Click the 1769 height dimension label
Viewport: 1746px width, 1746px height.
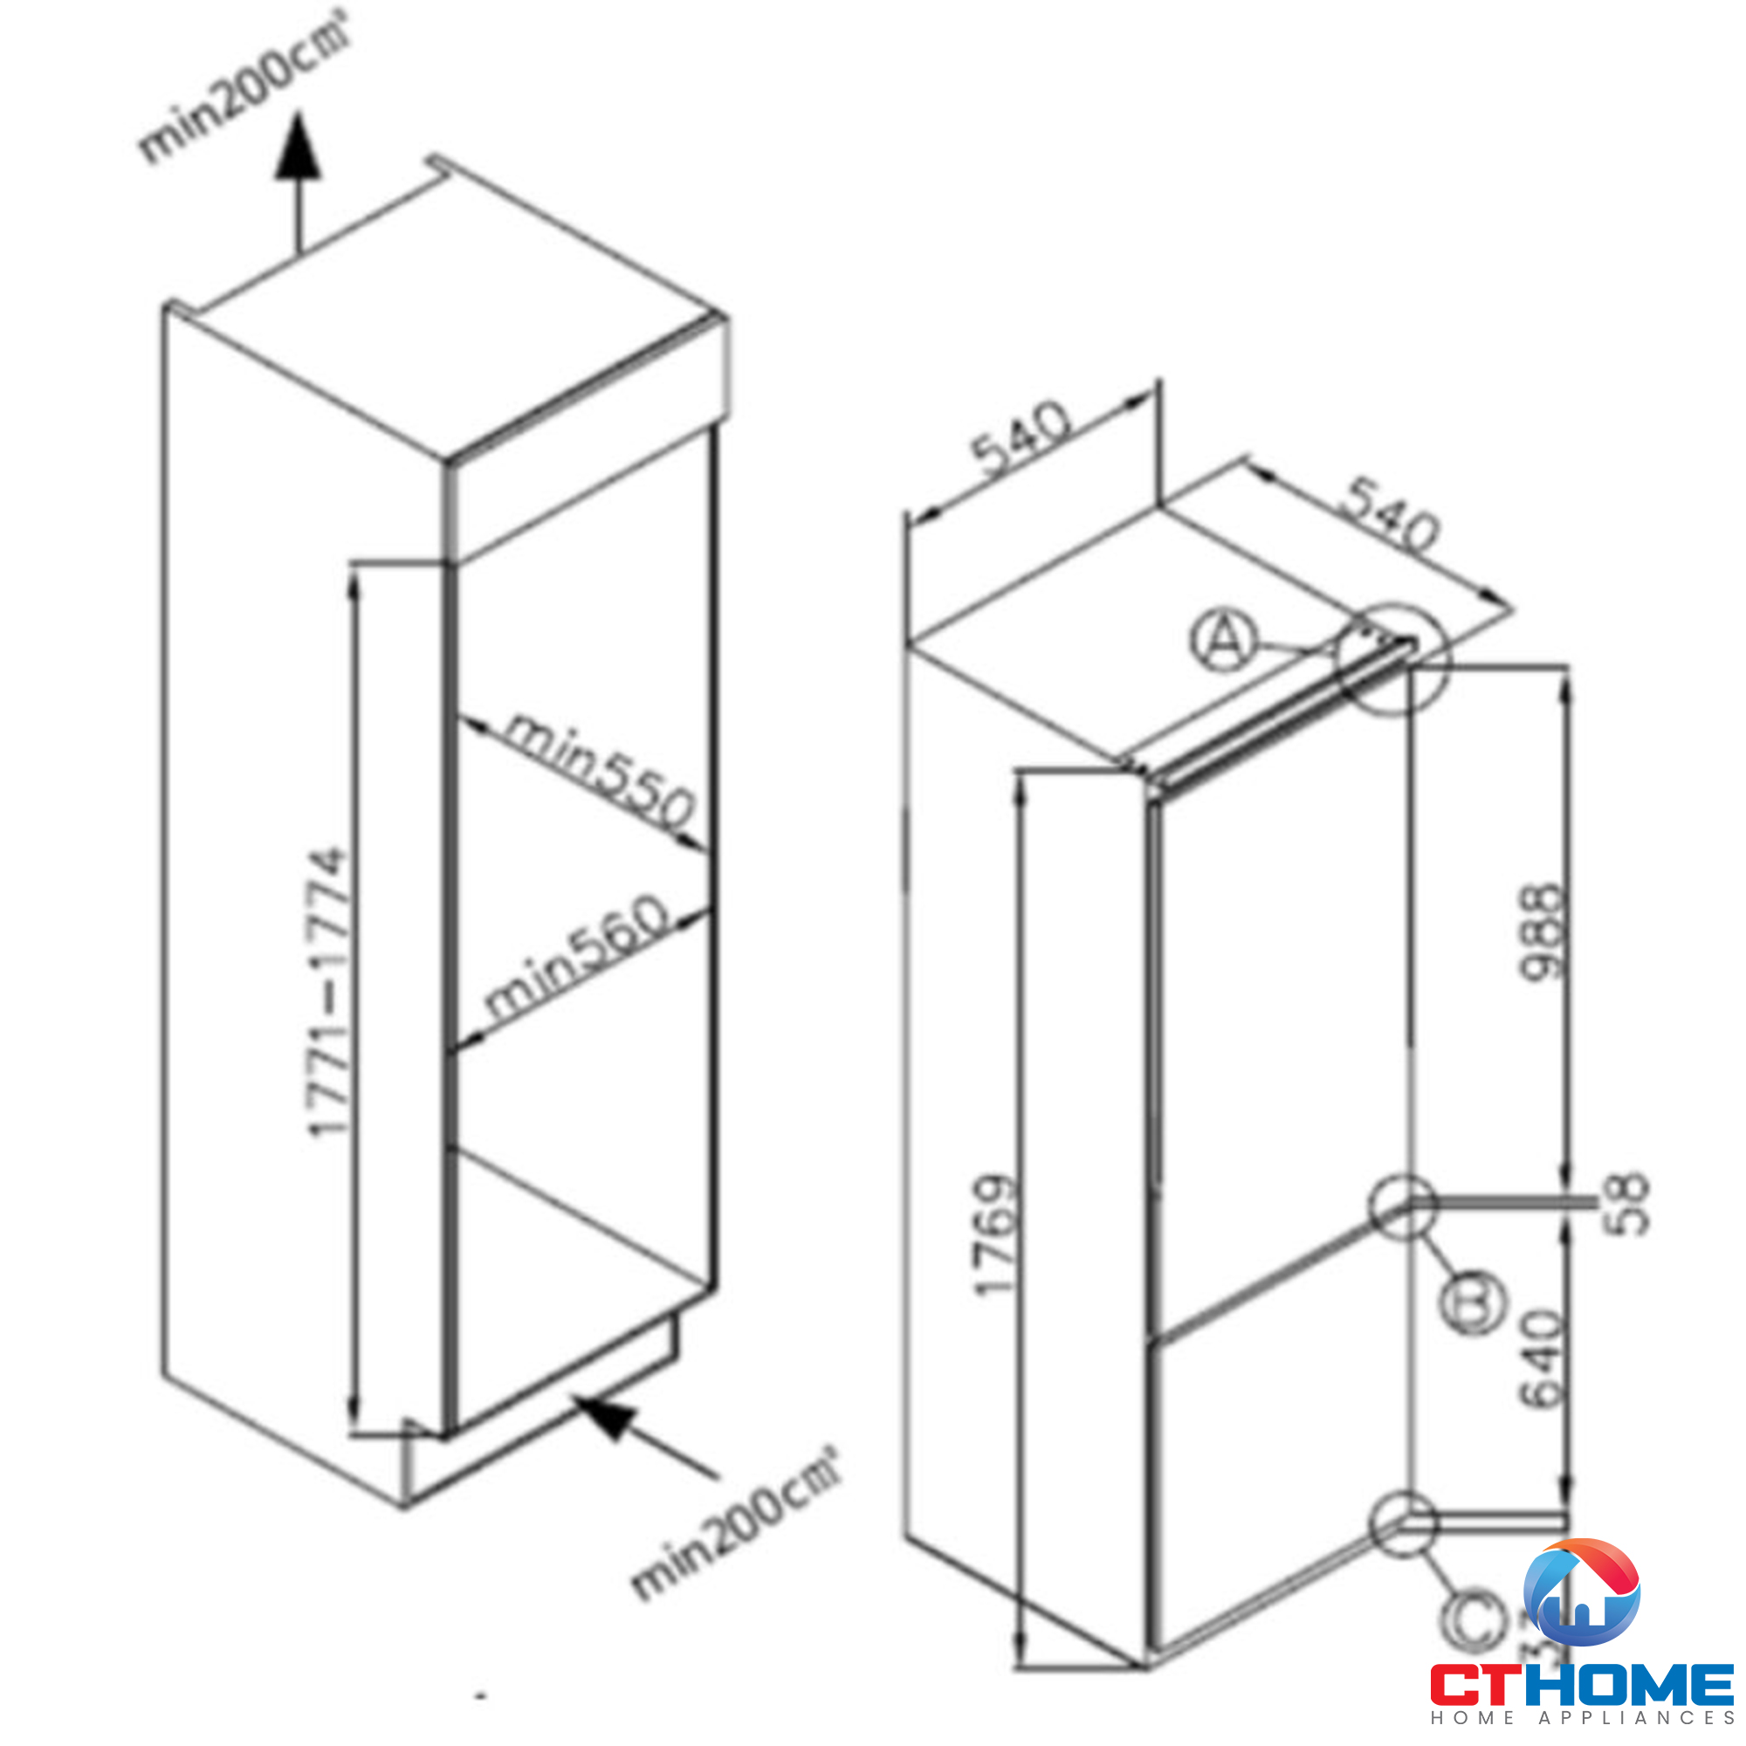point(996,1235)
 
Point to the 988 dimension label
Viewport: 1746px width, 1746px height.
point(1540,931)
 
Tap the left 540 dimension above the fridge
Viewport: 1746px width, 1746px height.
point(1021,436)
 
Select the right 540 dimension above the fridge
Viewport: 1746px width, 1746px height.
point(1392,512)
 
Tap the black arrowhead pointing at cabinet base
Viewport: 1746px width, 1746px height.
point(607,1416)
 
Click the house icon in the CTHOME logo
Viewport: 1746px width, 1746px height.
point(1581,1593)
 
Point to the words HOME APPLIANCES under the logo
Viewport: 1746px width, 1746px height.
point(1582,1717)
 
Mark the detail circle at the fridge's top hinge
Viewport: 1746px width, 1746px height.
point(1392,659)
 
